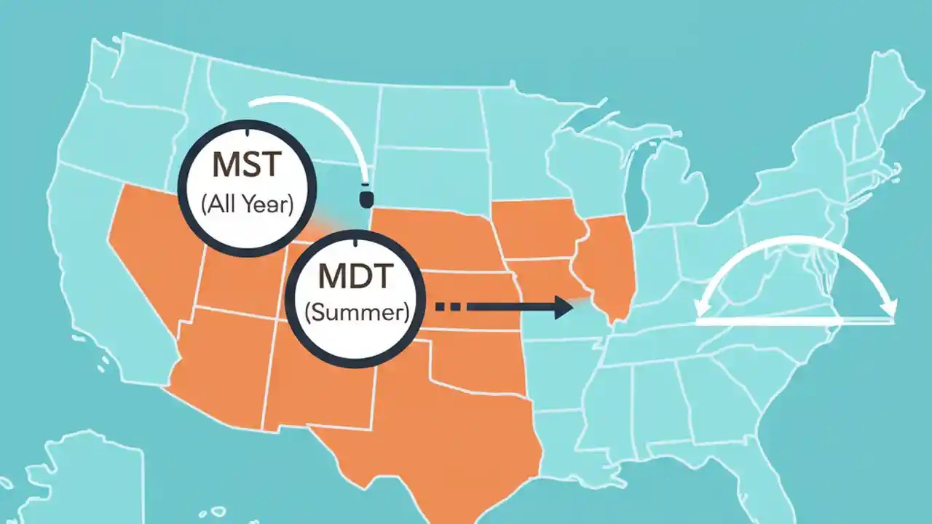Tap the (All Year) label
coord(246,204)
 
